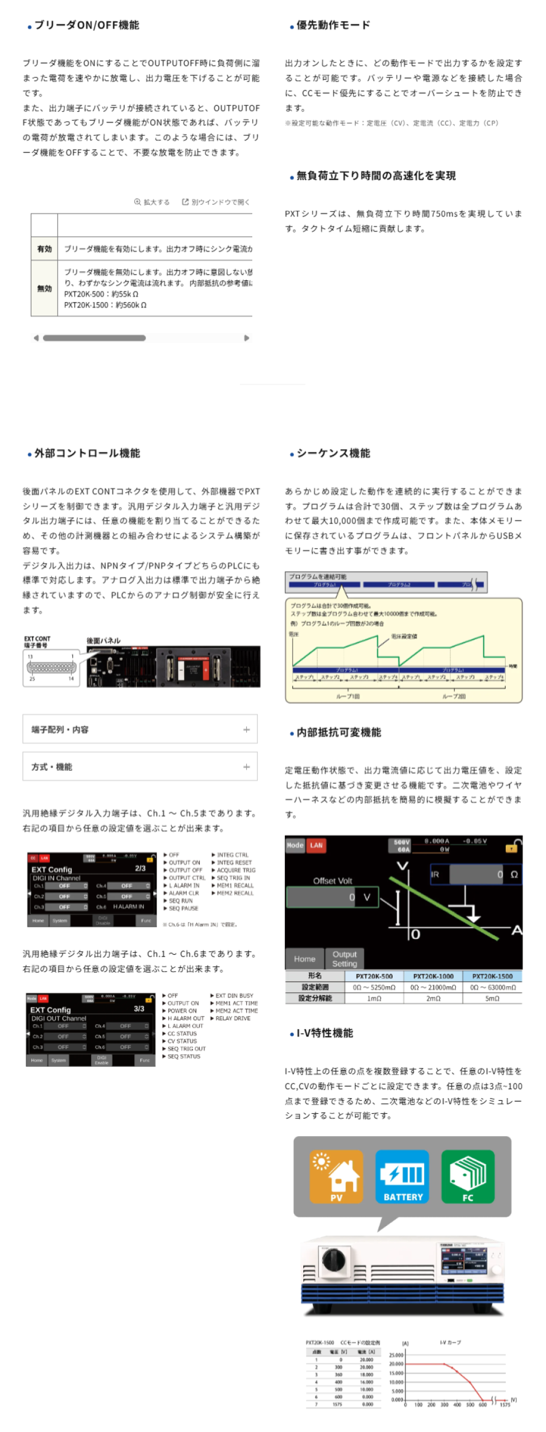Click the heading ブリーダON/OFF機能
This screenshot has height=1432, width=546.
[x=87, y=25]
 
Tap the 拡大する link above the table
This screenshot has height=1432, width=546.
[x=152, y=202]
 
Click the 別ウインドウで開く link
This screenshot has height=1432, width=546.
[x=216, y=202]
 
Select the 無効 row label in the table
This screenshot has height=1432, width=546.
[x=44, y=289]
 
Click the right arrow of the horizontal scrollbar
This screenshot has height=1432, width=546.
[x=247, y=338]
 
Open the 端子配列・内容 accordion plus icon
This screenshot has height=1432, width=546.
[x=246, y=729]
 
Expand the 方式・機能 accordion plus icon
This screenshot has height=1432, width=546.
[x=246, y=767]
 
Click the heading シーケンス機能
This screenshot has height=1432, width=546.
[x=333, y=453]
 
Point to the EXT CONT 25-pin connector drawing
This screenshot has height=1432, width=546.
[x=51, y=668]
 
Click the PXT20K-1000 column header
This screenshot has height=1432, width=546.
[x=433, y=976]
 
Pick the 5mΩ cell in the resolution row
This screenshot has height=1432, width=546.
[x=492, y=998]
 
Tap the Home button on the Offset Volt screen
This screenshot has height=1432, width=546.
[x=304, y=959]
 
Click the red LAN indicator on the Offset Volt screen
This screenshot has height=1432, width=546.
[x=316, y=845]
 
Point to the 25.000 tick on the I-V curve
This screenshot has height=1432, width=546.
[x=396, y=1355]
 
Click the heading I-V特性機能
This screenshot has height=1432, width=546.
[x=324, y=1033]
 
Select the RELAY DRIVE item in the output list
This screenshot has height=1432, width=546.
[x=233, y=1019]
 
